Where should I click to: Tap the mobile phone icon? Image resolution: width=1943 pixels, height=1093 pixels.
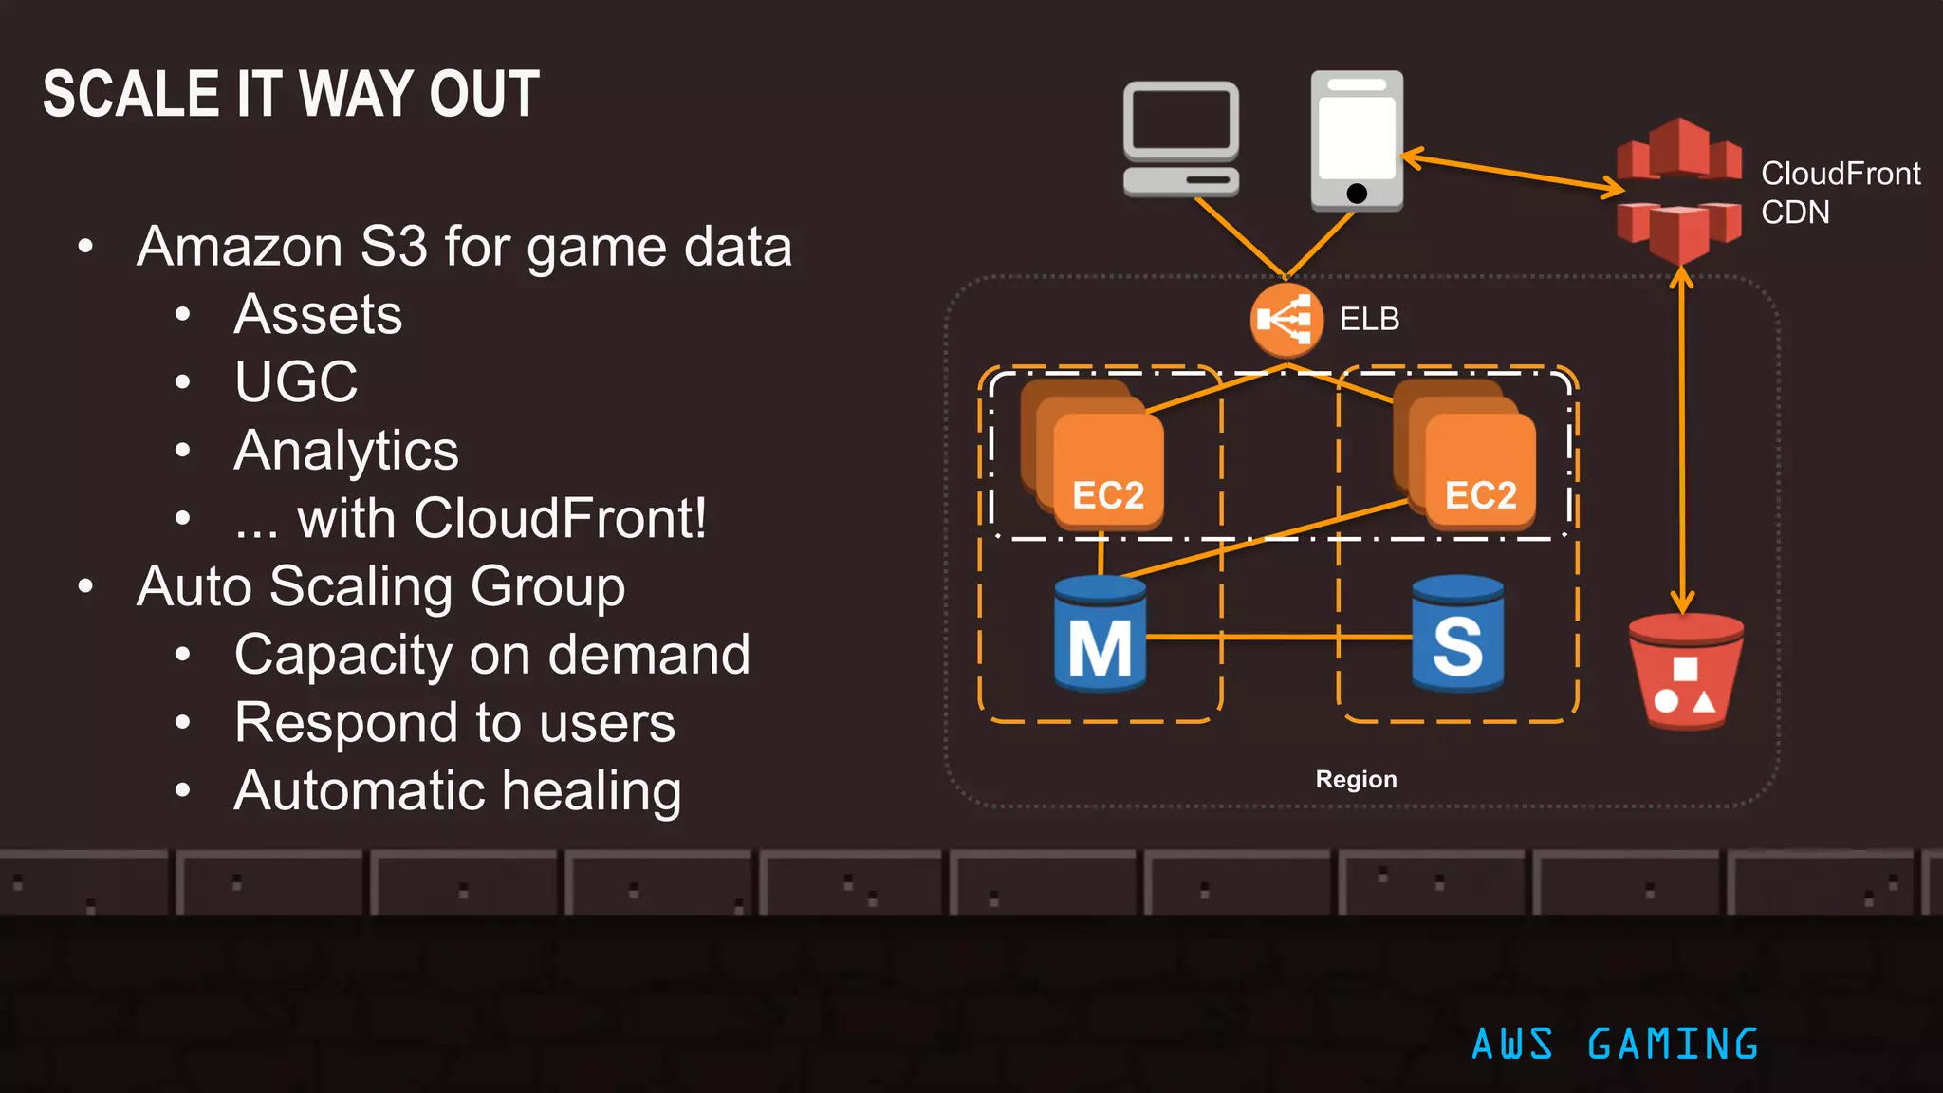point(1357,139)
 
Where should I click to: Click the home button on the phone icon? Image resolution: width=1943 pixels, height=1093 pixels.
point(1357,194)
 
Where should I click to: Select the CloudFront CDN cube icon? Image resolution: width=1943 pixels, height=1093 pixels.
point(1679,190)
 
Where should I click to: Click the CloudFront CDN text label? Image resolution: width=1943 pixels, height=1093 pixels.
point(1840,193)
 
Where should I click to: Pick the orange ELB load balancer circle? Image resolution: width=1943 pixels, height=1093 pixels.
point(1286,320)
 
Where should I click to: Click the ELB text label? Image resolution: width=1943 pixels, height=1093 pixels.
point(1369,320)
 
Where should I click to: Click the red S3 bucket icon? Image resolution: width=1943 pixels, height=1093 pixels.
point(1686,672)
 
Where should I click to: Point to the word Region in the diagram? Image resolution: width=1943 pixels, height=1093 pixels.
point(1356,780)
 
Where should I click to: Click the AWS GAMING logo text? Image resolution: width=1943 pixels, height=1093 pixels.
point(1615,1045)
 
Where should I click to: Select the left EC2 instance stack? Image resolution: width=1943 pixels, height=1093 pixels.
point(1094,455)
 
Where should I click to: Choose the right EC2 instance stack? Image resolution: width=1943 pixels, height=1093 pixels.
point(1466,455)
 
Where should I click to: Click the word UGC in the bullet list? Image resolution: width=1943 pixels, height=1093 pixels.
point(296,382)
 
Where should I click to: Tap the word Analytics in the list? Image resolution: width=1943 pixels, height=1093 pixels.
point(346,451)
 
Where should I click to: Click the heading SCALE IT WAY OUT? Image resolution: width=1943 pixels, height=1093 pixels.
point(291,95)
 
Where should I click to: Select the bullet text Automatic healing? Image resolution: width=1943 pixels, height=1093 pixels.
point(457,791)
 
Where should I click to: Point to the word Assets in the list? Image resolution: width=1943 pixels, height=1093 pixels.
point(318,315)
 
